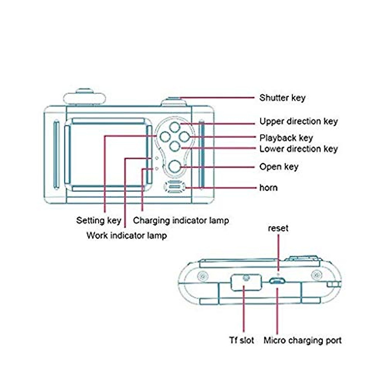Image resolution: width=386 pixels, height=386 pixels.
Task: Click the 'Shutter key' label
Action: pyautogui.click(x=282, y=98)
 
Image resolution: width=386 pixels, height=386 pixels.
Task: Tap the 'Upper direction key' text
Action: pyautogui.click(x=299, y=121)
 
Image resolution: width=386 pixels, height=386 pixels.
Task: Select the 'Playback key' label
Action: pyautogui.click(x=286, y=138)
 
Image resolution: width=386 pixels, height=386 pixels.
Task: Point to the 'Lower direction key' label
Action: pyautogui.click(x=299, y=149)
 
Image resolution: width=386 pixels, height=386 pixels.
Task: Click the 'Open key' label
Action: pyautogui.click(x=279, y=167)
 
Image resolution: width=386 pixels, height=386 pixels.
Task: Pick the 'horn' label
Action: pyautogui.click(x=268, y=188)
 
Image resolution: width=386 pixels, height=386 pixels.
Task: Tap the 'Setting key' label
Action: pyautogui.click(x=98, y=221)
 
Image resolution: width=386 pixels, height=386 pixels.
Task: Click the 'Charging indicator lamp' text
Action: pyautogui.click(x=181, y=221)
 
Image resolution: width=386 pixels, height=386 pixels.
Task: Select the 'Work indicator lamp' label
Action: pyautogui.click(x=127, y=235)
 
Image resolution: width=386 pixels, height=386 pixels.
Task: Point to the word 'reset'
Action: pyautogui.click(x=278, y=228)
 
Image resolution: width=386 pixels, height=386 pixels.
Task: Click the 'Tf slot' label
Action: pyautogui.click(x=241, y=340)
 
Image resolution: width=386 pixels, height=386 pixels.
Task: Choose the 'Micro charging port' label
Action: pyautogui.click(x=302, y=340)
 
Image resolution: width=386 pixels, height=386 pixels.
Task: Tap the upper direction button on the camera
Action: pyautogui.click(x=175, y=127)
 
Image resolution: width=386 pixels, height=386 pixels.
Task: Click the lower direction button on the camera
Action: pyautogui.click(x=175, y=146)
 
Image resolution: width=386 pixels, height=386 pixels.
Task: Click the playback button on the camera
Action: pyautogui.click(x=185, y=137)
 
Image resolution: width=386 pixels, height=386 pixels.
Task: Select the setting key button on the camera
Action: pyautogui.click(x=165, y=137)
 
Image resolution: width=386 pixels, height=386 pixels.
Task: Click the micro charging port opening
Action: pyautogui.click(x=277, y=280)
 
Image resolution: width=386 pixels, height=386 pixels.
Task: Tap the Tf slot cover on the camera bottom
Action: pyautogui.click(x=246, y=282)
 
